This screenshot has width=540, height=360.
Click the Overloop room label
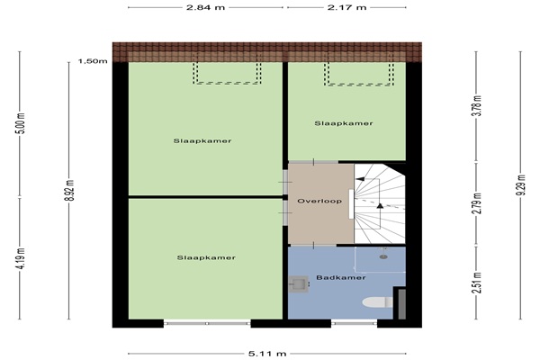click(x=319, y=201)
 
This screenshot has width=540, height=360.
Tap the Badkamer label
click(x=340, y=277)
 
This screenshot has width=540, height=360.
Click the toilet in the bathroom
click(x=377, y=302)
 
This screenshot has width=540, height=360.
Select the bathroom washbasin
click(x=298, y=284)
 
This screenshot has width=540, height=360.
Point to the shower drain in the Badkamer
click(x=383, y=256)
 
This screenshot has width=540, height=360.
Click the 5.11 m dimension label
click(x=267, y=354)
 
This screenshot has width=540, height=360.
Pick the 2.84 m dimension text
click(x=205, y=7)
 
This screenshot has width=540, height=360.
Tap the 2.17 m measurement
click(x=346, y=7)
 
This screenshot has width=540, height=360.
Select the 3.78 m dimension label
click(x=477, y=106)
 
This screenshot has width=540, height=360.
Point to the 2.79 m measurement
click(x=477, y=203)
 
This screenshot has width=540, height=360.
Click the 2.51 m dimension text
click(x=477, y=283)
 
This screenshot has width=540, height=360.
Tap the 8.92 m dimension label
click(x=69, y=191)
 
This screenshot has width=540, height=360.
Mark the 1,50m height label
click(x=93, y=61)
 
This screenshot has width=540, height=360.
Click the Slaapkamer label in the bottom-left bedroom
click(x=206, y=257)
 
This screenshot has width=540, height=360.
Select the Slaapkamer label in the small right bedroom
click(x=344, y=123)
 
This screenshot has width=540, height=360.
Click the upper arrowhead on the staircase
click(x=361, y=179)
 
